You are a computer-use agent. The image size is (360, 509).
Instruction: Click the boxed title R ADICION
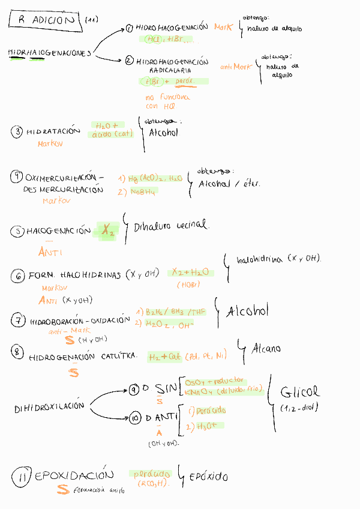pyautogui.click(x=46, y=20)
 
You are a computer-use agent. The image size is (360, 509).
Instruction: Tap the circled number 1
pyautogui.click(x=130, y=28)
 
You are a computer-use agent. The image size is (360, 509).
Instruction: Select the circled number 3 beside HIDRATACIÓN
pyautogui.click(x=17, y=131)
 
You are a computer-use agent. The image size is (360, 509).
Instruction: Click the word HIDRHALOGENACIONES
pyautogui.click(x=49, y=53)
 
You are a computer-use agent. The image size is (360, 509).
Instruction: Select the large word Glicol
pyautogui.click(x=300, y=393)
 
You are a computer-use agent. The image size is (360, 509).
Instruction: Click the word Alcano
pyautogui.click(x=266, y=348)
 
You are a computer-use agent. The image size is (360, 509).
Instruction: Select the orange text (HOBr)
pyautogui.click(x=190, y=285)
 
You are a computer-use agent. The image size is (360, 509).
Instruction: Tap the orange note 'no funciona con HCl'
pyautogui.click(x=167, y=101)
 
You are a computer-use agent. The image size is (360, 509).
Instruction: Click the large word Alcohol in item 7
pyautogui.click(x=247, y=312)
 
